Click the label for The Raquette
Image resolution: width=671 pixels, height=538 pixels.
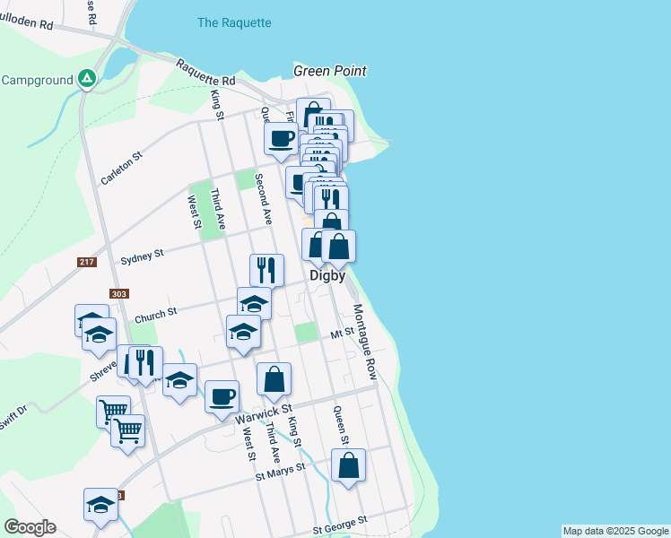[233, 22]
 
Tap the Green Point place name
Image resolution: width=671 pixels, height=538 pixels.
[330, 71]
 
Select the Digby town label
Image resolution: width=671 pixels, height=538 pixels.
[327, 276]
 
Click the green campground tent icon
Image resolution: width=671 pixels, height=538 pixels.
[86, 79]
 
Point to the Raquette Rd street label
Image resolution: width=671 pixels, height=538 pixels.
[205, 74]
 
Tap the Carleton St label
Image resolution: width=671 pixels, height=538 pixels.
[122, 168]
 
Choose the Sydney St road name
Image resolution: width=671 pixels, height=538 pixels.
[142, 255]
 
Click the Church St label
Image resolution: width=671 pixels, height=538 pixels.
[156, 315]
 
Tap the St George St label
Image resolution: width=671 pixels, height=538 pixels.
[340, 523]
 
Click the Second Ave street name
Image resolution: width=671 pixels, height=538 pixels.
[264, 199]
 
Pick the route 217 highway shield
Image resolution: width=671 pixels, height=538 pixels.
[86, 261]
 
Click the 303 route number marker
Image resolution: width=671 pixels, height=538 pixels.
[118, 293]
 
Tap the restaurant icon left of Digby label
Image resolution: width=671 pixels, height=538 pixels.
[266, 268]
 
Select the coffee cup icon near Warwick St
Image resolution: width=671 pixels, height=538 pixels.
[222, 395]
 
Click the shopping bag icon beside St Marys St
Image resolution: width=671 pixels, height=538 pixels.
[348, 464]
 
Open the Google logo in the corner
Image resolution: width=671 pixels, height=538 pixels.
[30, 527]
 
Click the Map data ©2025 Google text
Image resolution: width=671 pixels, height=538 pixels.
[615, 531]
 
